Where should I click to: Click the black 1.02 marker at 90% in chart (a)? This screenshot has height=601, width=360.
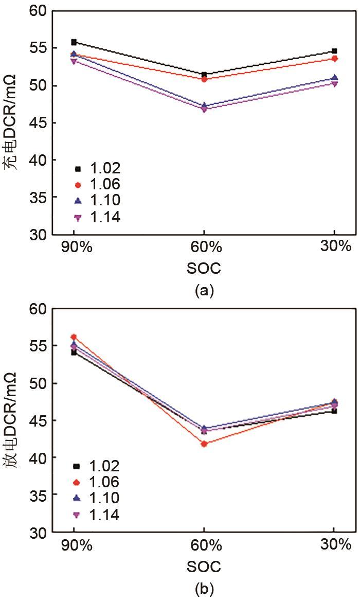tap(74, 42)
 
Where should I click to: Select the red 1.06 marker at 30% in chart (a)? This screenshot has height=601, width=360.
tap(334, 59)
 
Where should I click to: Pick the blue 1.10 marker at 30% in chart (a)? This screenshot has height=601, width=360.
tap(334, 78)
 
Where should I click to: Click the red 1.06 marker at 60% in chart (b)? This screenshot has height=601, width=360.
tap(204, 444)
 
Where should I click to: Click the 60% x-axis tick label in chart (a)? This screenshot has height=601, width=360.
tap(204, 248)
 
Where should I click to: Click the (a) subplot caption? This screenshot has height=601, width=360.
tap(204, 291)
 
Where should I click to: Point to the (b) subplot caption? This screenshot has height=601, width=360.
tap(204, 588)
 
